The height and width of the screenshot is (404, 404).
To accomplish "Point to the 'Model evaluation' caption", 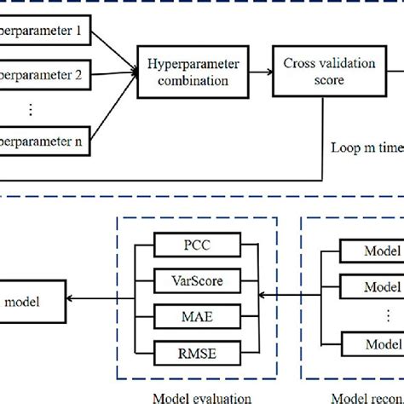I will (x=201, y=396).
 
